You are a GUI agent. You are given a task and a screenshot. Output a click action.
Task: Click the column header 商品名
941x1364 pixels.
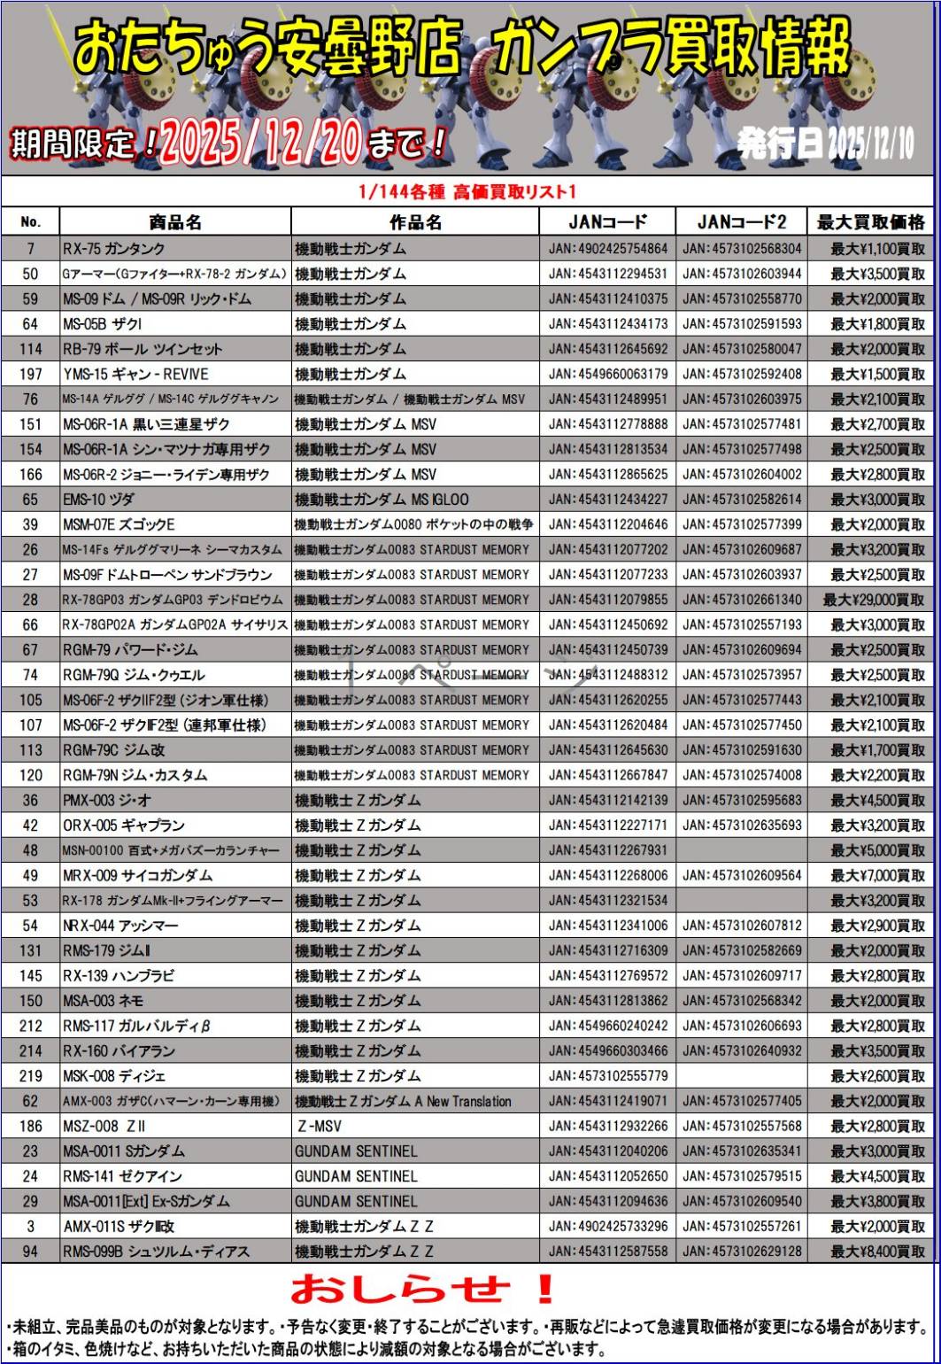coord(175,222)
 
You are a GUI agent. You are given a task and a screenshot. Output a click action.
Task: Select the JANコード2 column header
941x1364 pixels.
coord(740,222)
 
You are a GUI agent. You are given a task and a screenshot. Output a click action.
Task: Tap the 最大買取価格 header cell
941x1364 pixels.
coord(869,222)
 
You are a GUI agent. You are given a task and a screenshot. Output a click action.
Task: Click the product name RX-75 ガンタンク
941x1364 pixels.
coord(114,249)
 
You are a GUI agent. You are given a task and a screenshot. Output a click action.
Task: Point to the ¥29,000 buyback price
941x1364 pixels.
coord(873,600)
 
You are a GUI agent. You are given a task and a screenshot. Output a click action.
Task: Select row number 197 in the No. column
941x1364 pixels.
coord(31,374)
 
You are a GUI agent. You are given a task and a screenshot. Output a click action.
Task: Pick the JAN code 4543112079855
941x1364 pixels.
coord(608,600)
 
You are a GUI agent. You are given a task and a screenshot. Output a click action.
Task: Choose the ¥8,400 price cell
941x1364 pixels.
coord(876,1252)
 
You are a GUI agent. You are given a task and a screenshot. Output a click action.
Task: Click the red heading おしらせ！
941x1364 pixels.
coord(422,1289)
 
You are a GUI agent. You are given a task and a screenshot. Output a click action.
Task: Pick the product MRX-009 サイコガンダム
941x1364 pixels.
coord(138,876)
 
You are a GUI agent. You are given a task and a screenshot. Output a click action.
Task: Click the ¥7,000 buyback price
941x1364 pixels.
coord(876,876)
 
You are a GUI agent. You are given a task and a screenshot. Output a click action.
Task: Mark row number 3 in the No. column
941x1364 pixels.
coord(31,1227)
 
